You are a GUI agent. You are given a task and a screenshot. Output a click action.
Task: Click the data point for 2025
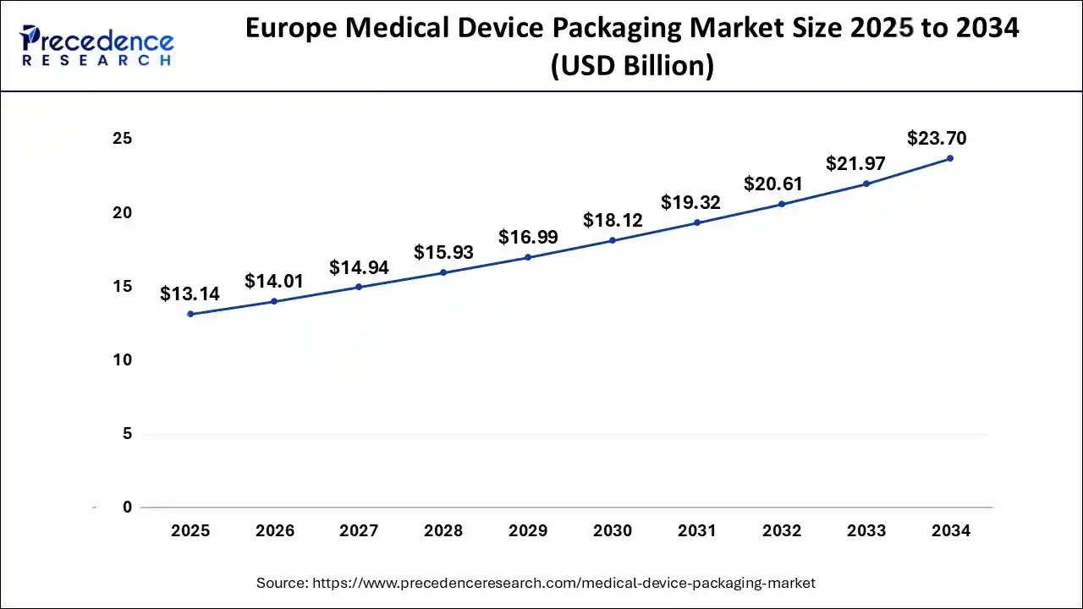click(190, 314)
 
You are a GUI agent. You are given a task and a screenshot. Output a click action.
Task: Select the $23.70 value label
click(937, 138)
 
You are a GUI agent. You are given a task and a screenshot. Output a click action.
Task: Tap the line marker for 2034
click(950, 158)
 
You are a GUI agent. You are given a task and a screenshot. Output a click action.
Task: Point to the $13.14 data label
click(190, 294)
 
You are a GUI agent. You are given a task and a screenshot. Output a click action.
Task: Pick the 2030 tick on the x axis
click(613, 531)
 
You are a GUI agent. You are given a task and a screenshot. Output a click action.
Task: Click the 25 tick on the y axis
click(123, 139)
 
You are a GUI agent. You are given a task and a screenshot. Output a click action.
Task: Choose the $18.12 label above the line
click(613, 221)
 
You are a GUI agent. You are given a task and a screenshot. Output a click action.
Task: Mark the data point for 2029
click(528, 257)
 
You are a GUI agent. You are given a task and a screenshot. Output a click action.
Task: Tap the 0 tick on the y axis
click(127, 507)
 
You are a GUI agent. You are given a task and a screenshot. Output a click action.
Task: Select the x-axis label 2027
click(359, 531)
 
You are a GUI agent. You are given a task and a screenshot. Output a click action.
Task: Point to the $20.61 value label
click(773, 184)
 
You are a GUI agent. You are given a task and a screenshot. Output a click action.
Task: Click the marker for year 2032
click(782, 204)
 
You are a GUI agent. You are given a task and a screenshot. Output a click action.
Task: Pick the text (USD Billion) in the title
click(632, 65)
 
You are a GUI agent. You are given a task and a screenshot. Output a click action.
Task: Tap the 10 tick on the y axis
click(123, 360)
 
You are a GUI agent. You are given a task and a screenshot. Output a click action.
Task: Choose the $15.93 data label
click(443, 252)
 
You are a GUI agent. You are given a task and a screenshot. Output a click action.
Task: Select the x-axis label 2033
click(866, 531)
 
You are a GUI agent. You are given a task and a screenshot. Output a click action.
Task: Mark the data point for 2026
click(274, 301)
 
